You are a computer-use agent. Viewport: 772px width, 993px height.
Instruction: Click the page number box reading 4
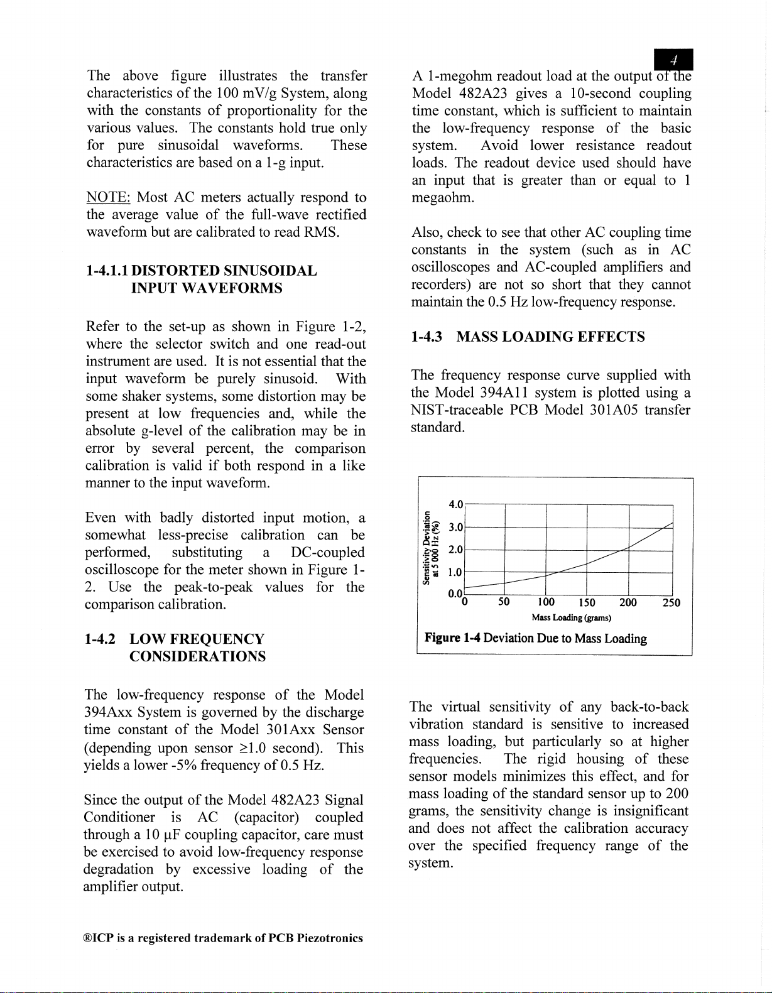click(673, 60)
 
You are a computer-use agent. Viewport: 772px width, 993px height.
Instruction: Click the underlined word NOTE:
click(107, 197)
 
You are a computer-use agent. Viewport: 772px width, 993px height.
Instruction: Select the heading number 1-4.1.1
click(107, 271)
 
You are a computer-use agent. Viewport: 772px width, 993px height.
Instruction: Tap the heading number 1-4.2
click(100, 639)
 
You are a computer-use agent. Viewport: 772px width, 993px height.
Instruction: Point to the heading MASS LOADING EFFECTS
click(550, 337)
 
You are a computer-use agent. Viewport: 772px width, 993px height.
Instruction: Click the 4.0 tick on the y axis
click(456, 504)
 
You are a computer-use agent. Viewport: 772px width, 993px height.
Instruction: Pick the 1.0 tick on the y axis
click(456, 572)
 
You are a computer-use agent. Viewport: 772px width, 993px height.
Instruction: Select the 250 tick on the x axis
click(671, 603)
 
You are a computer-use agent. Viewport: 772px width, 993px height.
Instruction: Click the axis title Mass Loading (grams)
click(571, 618)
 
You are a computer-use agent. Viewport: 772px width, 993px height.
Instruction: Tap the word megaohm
click(442, 198)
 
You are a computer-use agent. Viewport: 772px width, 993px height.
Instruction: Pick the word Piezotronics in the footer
click(330, 938)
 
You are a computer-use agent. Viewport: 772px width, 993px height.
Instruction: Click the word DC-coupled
click(327, 552)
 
